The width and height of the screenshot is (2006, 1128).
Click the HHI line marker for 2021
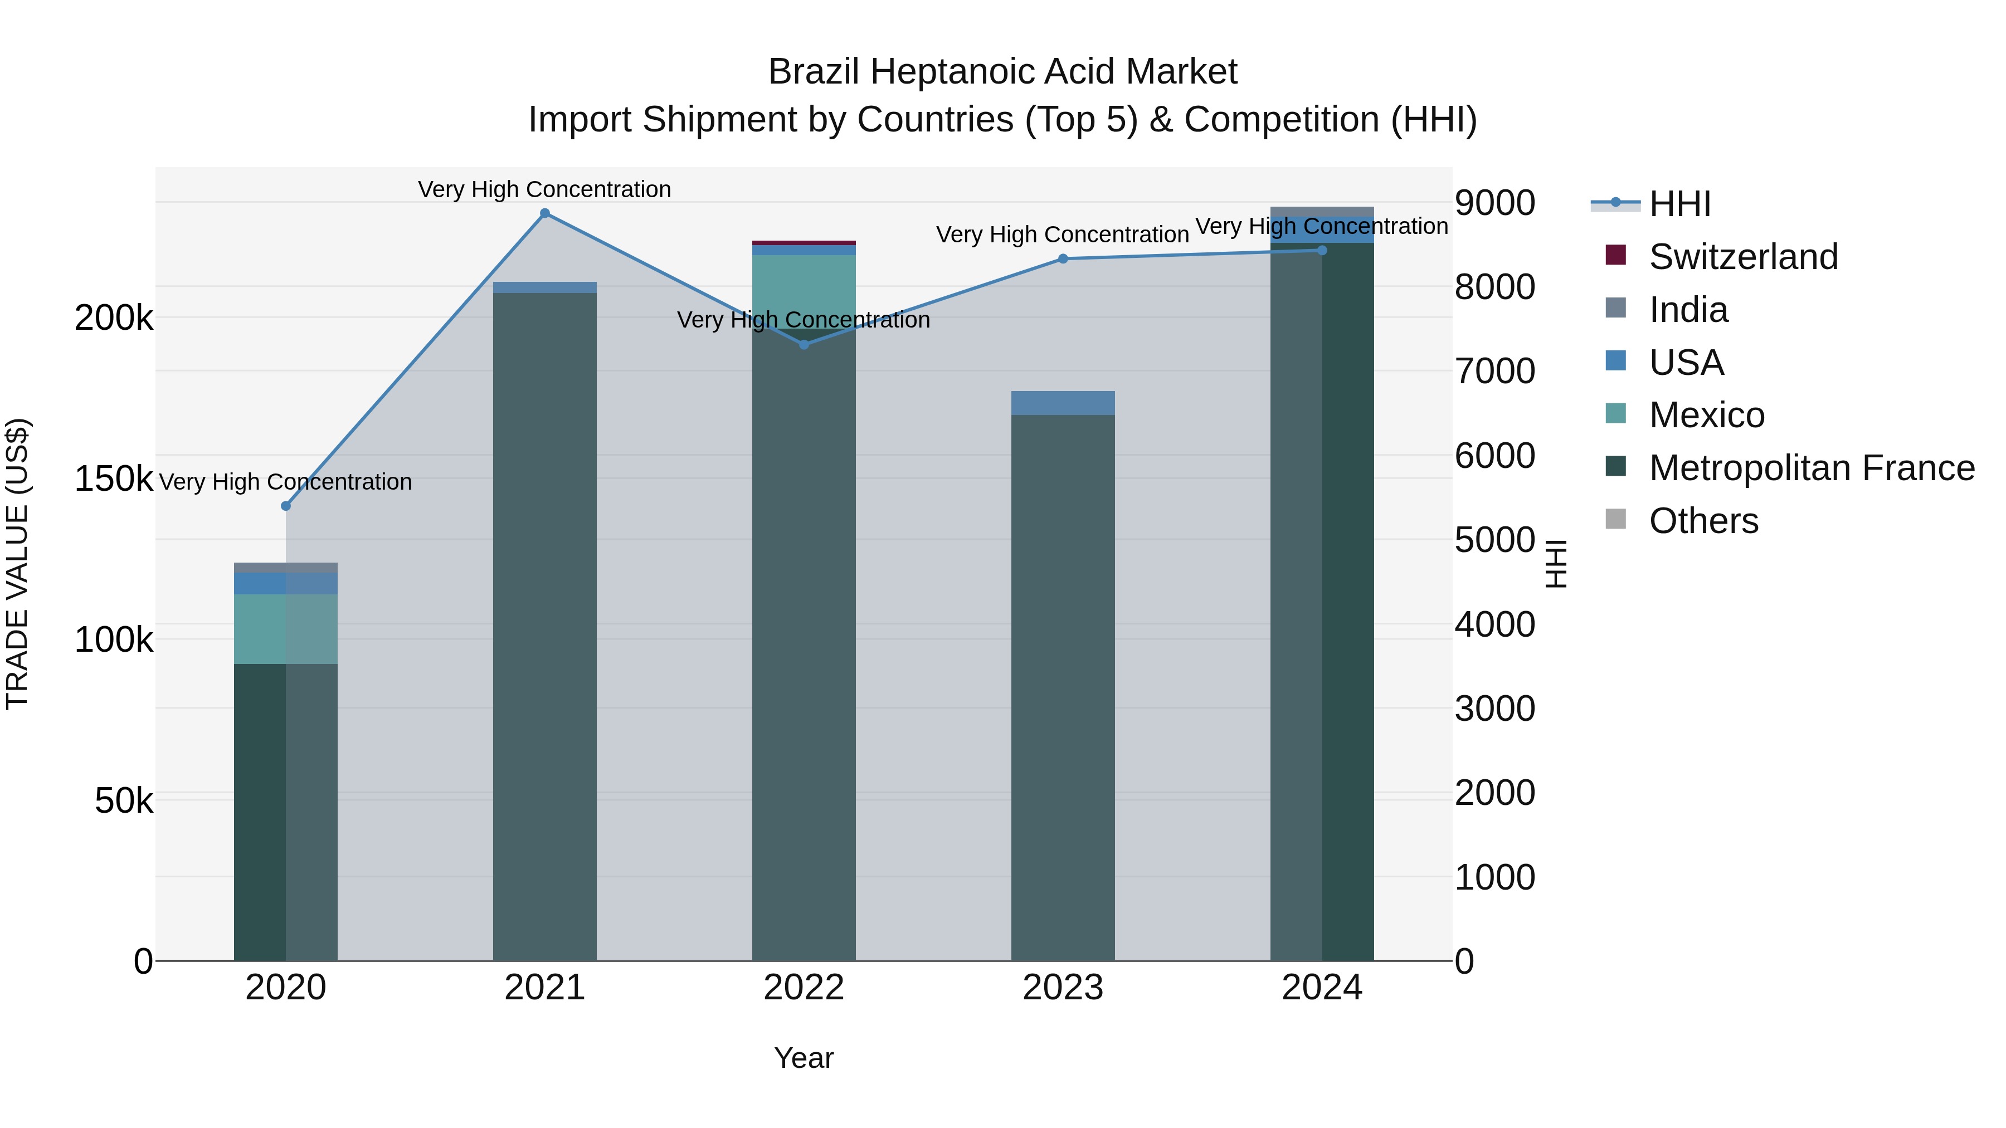pyautogui.click(x=544, y=213)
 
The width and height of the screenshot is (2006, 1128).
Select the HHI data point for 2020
pyautogui.click(x=286, y=506)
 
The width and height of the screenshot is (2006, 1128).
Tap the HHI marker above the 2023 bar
pyautogui.click(x=1063, y=258)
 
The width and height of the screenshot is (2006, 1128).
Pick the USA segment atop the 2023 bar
pyautogui.click(x=1063, y=403)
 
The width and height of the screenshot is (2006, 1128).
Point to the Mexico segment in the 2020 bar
pyautogui.click(x=286, y=628)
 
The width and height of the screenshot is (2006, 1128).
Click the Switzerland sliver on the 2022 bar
pyautogui.click(x=804, y=243)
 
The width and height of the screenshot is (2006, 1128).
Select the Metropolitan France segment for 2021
pyautogui.click(x=544, y=623)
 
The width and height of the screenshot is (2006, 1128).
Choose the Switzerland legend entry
pyautogui.click(x=1743, y=257)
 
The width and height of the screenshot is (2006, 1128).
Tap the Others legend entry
pyautogui.click(x=1703, y=521)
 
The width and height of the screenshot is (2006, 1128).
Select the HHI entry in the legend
pyautogui.click(x=1679, y=204)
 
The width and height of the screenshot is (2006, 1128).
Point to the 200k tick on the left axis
pyautogui.click(x=114, y=318)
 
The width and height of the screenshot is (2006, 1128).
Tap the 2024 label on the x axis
pyautogui.click(x=1322, y=988)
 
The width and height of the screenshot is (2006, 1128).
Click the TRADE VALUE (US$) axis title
pyautogui.click(x=17, y=564)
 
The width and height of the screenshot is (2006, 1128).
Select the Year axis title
pyautogui.click(x=804, y=1058)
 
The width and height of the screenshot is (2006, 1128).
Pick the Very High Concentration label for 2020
pyautogui.click(x=286, y=482)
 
